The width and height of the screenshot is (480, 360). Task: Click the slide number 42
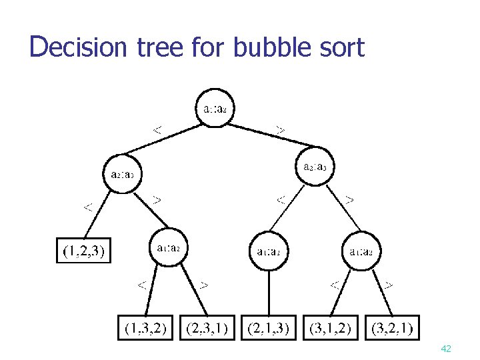446,349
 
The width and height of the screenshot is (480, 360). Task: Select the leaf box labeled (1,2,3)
83,251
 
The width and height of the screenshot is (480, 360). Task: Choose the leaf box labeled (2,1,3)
269,327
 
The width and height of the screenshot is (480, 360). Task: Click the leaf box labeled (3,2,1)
393,327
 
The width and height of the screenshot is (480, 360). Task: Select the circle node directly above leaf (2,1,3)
269,251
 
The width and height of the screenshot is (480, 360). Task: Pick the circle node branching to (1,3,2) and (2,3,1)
169,249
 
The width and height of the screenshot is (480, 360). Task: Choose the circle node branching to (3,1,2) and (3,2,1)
362,251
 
